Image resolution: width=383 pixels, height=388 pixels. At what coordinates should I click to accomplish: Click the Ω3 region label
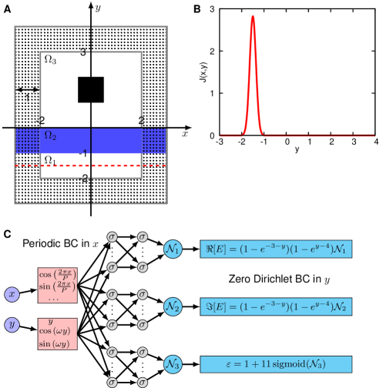click(x=49, y=59)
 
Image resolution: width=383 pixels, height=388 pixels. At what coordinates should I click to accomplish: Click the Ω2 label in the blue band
click(x=49, y=135)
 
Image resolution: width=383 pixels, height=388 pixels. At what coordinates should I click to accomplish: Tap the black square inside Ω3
click(x=91, y=90)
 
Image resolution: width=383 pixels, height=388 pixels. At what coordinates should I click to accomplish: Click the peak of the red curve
click(x=253, y=17)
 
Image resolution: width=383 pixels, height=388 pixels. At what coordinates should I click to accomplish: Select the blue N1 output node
click(x=173, y=249)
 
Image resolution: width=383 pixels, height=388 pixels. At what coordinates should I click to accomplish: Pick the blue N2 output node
click(x=173, y=306)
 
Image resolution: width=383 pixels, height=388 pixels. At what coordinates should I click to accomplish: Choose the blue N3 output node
click(x=173, y=363)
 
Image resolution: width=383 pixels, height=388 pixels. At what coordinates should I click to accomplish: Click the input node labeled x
click(x=12, y=294)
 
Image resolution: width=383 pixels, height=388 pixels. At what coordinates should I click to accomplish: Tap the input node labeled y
click(x=12, y=324)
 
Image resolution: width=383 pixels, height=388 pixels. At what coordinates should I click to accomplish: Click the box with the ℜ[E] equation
click(x=276, y=249)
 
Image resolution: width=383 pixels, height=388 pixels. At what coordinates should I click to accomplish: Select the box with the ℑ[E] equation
click(x=276, y=306)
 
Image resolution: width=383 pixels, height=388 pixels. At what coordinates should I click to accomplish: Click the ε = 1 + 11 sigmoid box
click(x=276, y=364)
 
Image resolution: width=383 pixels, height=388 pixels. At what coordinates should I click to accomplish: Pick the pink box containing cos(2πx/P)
click(x=58, y=285)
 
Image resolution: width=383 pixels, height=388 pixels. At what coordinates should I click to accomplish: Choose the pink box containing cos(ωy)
click(x=58, y=333)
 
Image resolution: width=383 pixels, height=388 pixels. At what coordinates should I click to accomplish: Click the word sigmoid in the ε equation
click(x=292, y=364)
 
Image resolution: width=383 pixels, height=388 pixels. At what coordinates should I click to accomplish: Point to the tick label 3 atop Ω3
click(x=83, y=53)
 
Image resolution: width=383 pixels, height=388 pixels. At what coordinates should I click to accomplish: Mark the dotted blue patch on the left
click(x=28, y=141)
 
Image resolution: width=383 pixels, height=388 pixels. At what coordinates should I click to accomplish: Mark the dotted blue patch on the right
click(x=154, y=141)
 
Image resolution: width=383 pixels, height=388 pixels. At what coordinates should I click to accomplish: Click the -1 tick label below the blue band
click(x=83, y=153)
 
